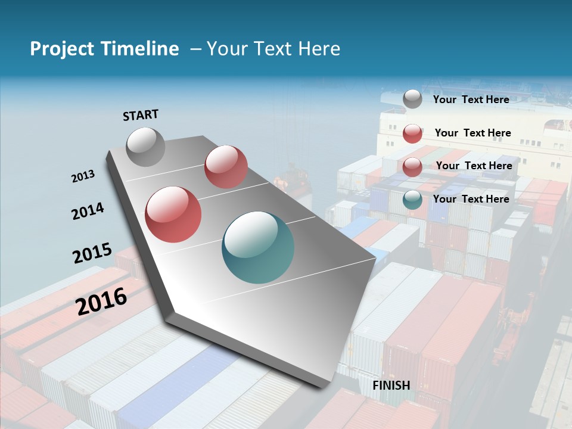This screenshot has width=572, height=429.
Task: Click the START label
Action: pyautogui.click(x=141, y=114)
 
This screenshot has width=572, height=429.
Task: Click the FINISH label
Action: pyautogui.click(x=391, y=385)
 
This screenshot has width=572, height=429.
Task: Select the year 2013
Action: pyautogui.click(x=83, y=176)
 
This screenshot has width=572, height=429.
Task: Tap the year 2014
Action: pyautogui.click(x=88, y=212)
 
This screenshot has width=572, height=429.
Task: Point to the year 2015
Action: pyautogui.click(x=92, y=253)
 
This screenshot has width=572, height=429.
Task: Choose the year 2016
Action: pyautogui.click(x=101, y=301)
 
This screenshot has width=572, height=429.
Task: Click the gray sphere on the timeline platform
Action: pyautogui.click(x=145, y=147)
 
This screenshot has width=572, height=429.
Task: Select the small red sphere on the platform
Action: pyautogui.click(x=226, y=167)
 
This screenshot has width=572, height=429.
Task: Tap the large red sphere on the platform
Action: pyautogui.click(x=173, y=214)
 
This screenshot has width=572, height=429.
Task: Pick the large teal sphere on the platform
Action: pyautogui.click(x=258, y=247)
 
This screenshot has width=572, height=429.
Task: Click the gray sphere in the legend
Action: pyautogui.click(x=412, y=99)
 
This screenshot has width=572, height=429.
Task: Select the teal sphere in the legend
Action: pyautogui.click(x=412, y=199)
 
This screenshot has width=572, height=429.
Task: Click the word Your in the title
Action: pyautogui.click(x=226, y=49)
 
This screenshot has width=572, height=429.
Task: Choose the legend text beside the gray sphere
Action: pyautogui.click(x=471, y=100)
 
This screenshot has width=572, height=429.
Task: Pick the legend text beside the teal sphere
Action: pyautogui.click(x=471, y=199)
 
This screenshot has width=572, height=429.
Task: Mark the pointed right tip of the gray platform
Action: pyautogui.click(x=375, y=257)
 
